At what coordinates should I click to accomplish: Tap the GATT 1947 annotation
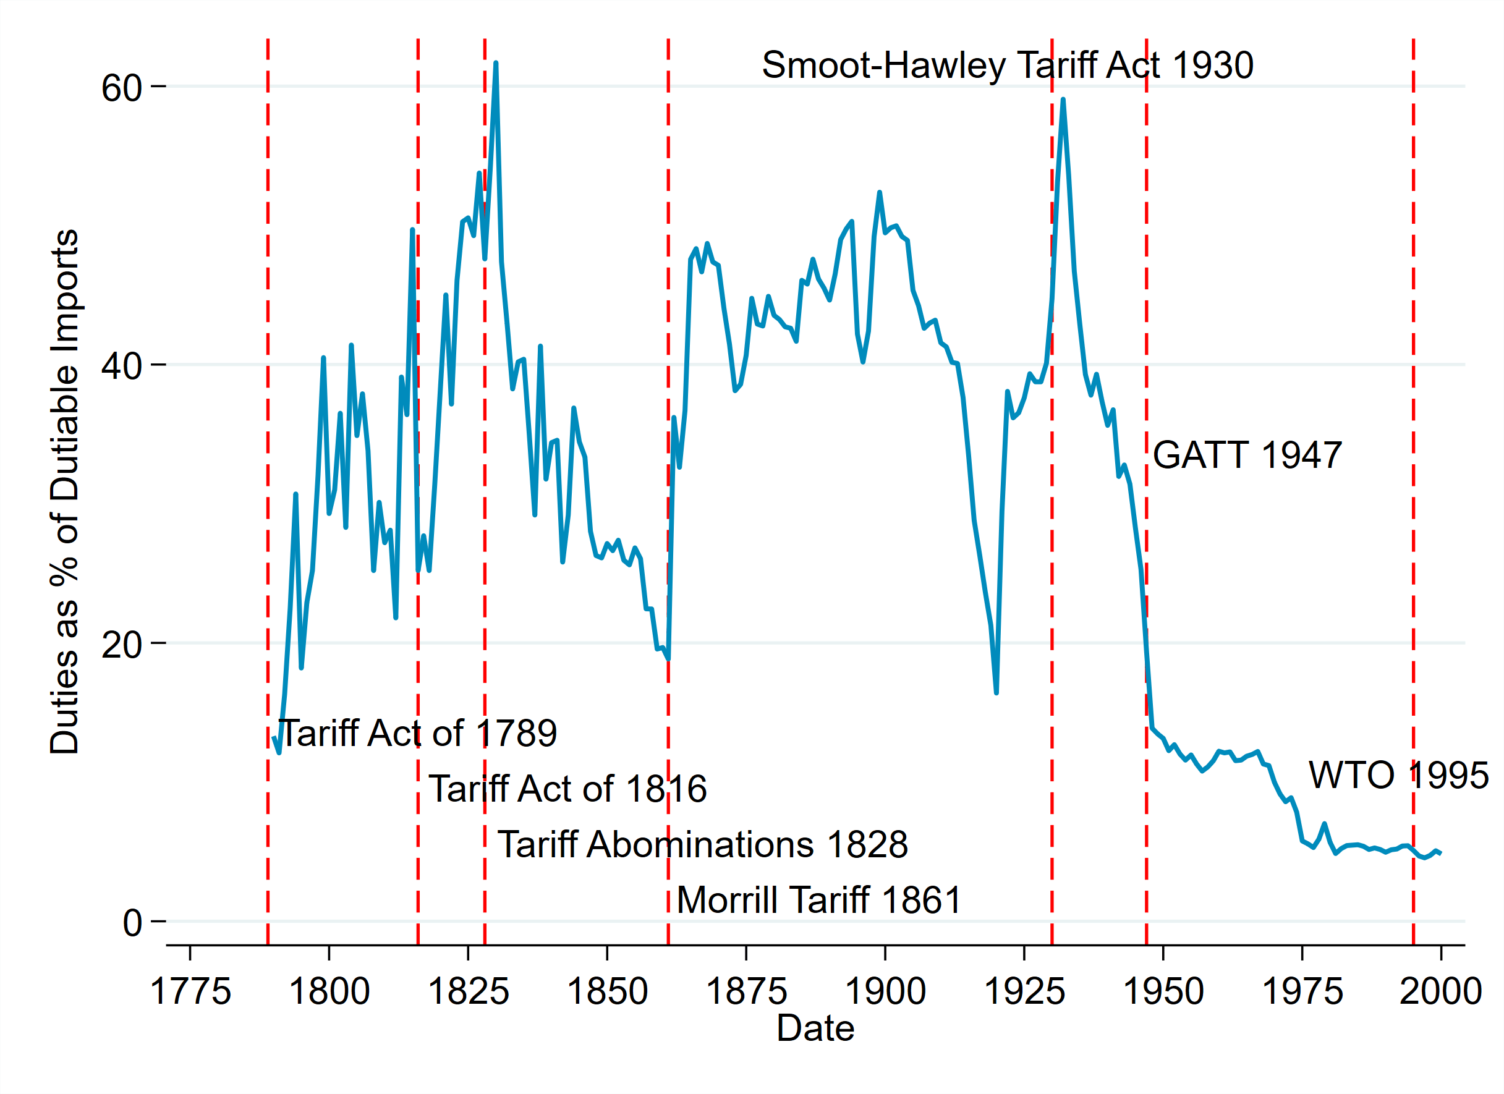tap(1247, 456)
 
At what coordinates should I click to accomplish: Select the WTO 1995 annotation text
tap(1398, 775)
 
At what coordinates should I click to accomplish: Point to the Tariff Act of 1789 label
tap(417, 733)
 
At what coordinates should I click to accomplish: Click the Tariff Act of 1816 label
tap(567, 789)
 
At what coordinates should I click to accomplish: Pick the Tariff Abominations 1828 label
tap(702, 845)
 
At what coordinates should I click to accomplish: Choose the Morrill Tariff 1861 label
tap(819, 901)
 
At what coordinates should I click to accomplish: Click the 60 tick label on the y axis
tap(121, 88)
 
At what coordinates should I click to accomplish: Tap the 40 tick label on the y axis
tap(121, 365)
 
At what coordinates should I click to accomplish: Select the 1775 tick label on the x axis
tap(190, 991)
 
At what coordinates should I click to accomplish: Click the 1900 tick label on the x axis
tap(885, 991)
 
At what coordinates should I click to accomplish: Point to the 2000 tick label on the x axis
tap(1440, 991)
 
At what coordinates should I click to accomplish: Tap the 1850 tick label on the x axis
tap(607, 991)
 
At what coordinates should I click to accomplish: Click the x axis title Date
tap(815, 1028)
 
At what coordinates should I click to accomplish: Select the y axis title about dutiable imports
tap(65, 491)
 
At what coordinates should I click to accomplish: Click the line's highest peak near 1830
tap(496, 63)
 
